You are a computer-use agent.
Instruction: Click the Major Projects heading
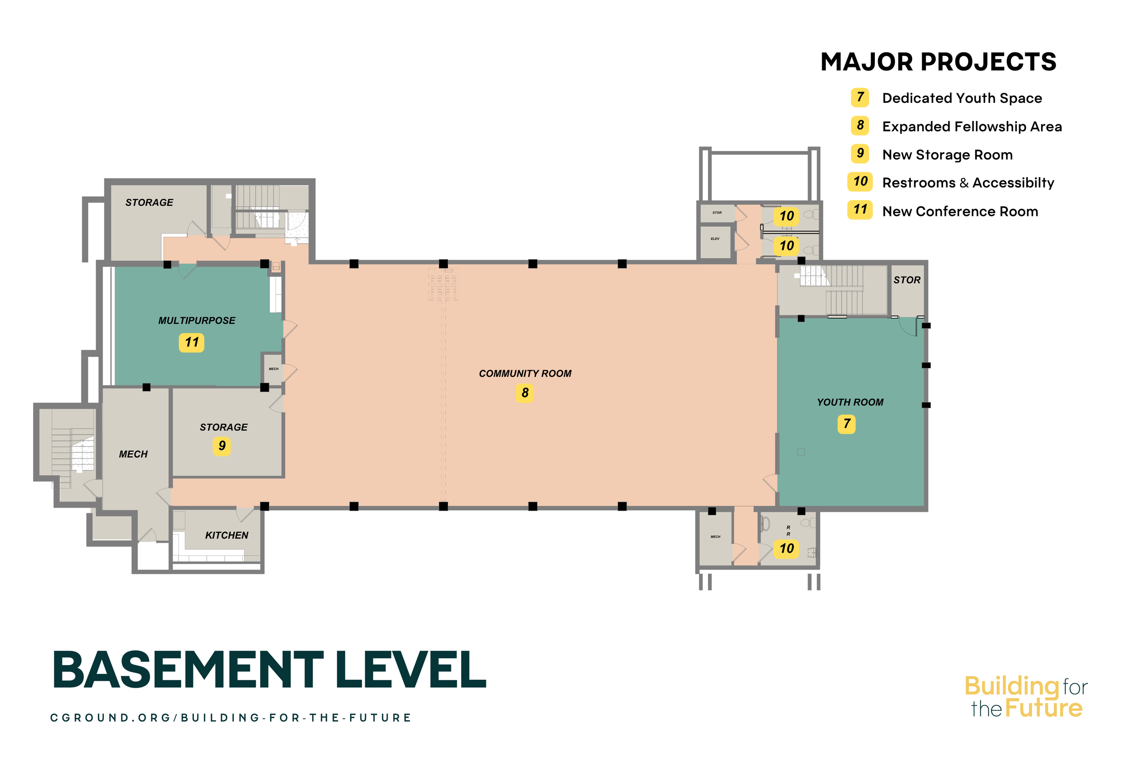[x=938, y=62]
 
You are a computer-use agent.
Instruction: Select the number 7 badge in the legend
[x=860, y=98]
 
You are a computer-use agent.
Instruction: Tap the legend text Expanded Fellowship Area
[x=971, y=127]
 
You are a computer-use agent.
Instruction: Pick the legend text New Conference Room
[x=960, y=212]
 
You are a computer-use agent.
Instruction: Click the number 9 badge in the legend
[x=860, y=153]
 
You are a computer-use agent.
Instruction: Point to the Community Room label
[x=525, y=374]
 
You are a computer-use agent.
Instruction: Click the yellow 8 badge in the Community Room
[x=525, y=393]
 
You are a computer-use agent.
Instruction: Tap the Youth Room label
[x=850, y=402]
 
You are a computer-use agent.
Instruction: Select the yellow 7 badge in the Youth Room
[x=846, y=424]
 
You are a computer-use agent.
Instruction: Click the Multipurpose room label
[x=197, y=321]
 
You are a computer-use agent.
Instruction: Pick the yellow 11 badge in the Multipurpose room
[x=192, y=343]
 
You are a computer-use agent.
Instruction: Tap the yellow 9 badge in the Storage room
[x=222, y=446]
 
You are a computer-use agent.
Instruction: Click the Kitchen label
[x=226, y=535]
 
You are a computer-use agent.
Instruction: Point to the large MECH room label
[x=133, y=454]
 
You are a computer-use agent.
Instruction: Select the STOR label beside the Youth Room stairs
[x=907, y=280]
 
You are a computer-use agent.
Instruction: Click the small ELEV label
[x=715, y=239]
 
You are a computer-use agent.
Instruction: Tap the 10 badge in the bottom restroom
[x=786, y=549]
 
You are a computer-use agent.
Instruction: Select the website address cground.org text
[x=230, y=718]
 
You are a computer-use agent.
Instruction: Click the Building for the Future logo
[x=1026, y=697]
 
